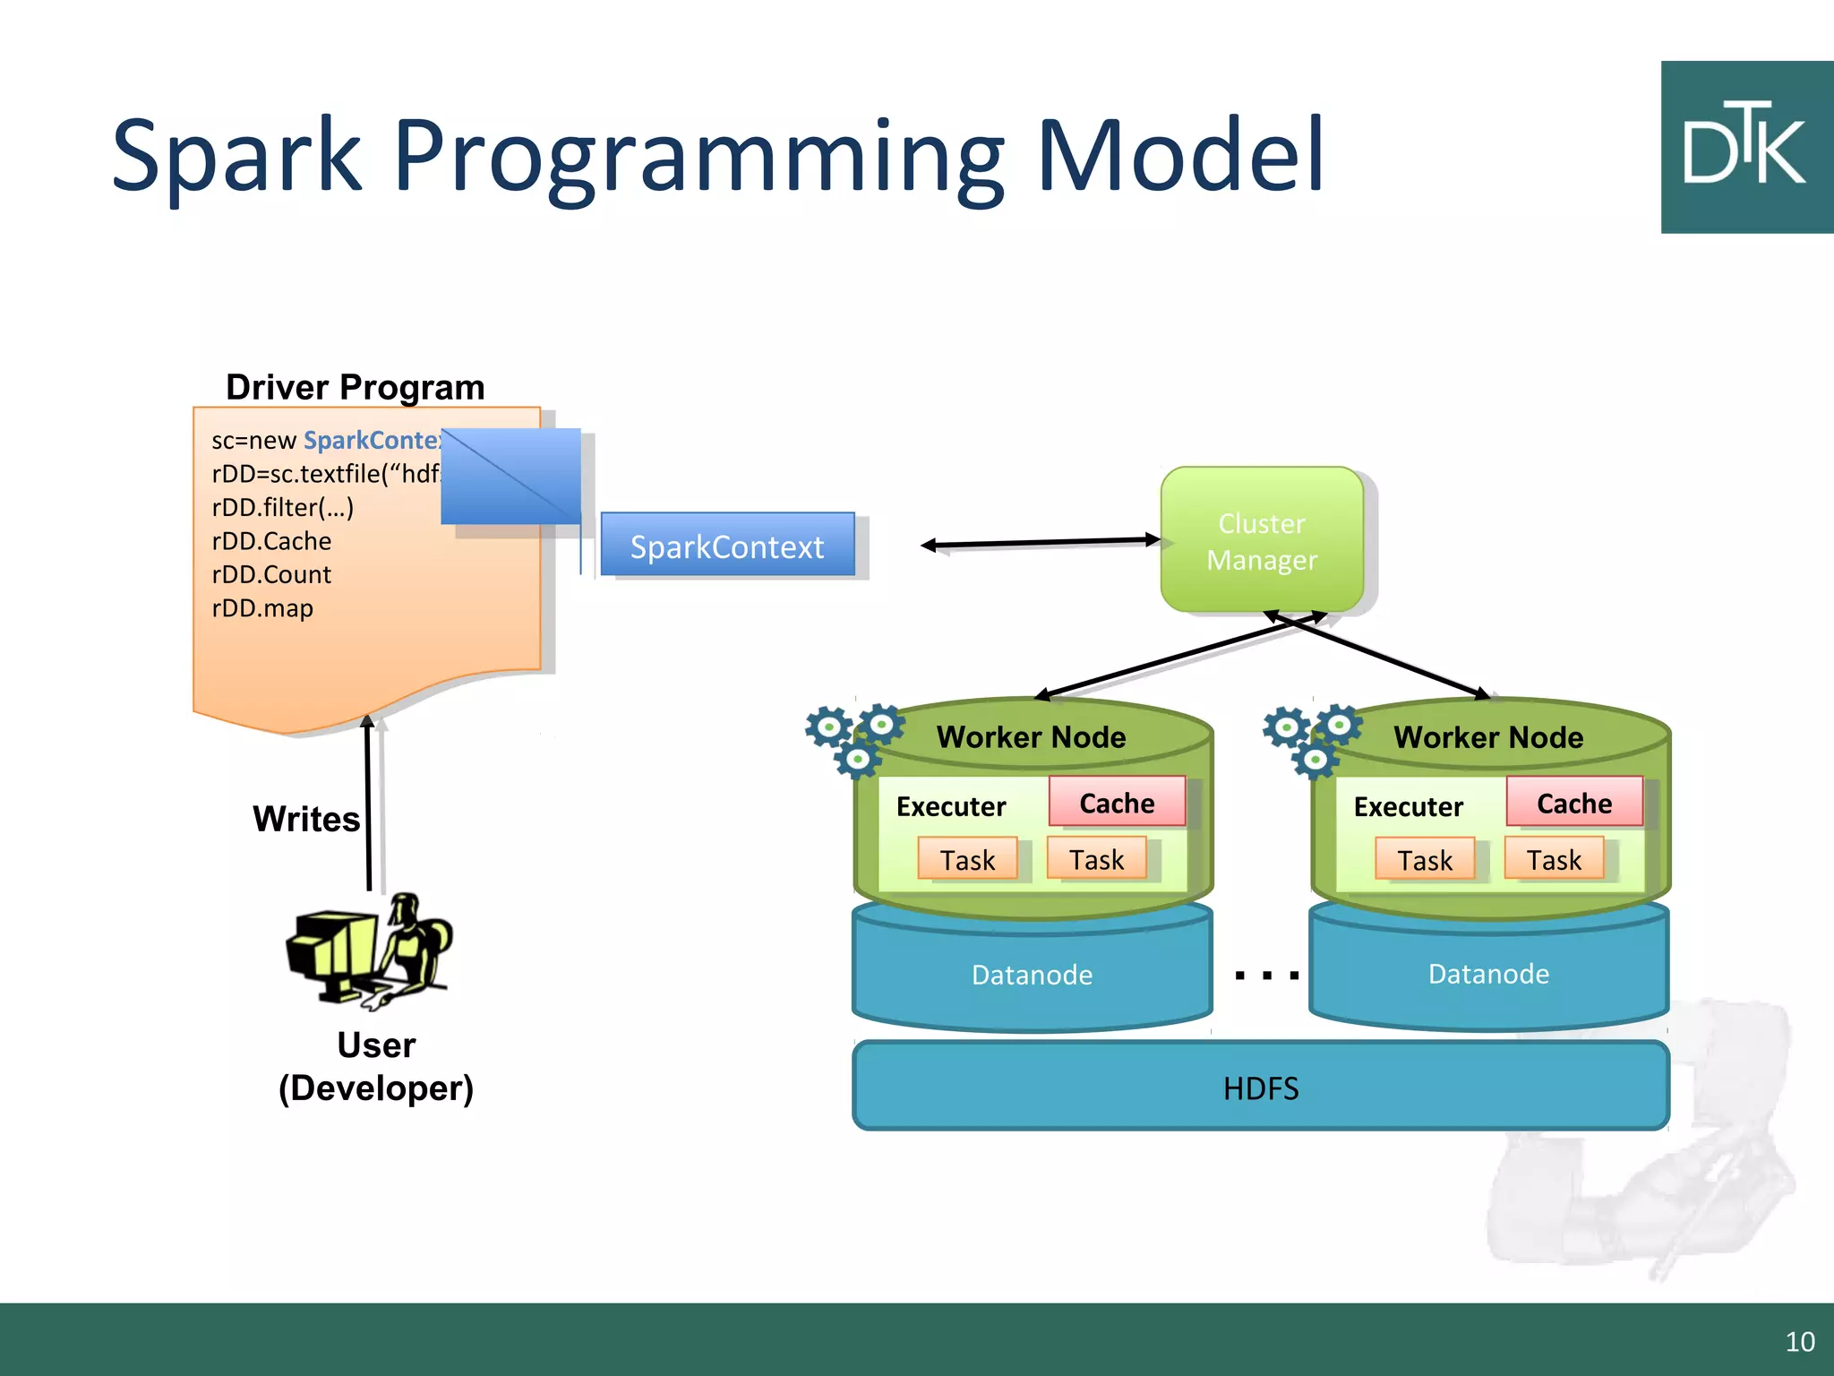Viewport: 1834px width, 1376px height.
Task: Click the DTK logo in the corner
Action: click(1746, 147)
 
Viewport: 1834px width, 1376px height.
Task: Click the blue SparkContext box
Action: click(727, 546)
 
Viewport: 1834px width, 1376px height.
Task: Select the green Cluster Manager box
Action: click(1262, 540)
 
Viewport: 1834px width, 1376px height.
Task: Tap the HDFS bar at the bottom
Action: click(1260, 1088)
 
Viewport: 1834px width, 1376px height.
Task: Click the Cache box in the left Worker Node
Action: click(1117, 803)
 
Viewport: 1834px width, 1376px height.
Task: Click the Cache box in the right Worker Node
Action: click(1574, 803)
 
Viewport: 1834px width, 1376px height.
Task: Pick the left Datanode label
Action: click(1032, 975)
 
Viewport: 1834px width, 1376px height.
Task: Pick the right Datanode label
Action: click(1488, 974)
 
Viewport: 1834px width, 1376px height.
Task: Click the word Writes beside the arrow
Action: click(306, 819)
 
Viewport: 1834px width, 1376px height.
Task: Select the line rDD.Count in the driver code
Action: click(271, 574)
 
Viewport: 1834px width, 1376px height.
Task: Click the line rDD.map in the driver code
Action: click(262, 608)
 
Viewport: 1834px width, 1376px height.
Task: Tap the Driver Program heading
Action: click(355, 387)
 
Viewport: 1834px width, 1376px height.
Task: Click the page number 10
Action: click(1799, 1341)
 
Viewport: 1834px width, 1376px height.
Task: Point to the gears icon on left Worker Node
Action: click(853, 738)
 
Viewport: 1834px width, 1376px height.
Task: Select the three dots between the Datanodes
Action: click(1266, 976)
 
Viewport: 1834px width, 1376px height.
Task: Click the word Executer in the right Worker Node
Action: click(1408, 806)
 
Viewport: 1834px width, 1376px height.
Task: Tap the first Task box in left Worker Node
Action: click(967, 860)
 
